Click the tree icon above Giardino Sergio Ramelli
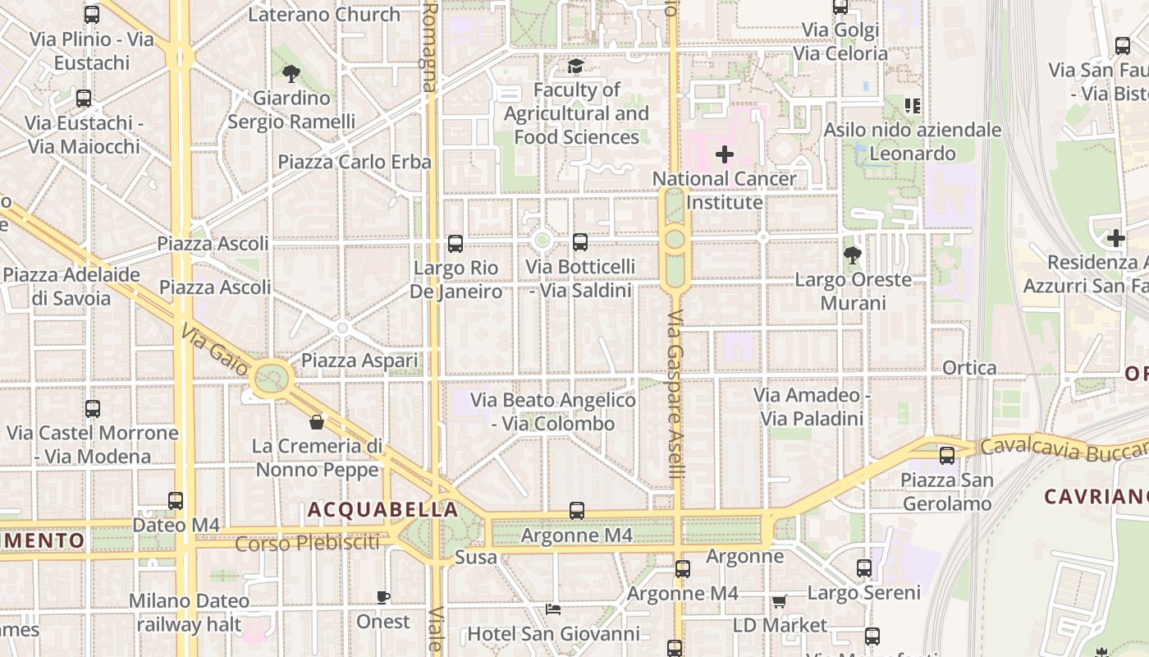pyautogui.click(x=291, y=74)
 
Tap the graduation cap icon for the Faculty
pyautogui.click(x=575, y=66)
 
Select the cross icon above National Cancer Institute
pyautogui.click(x=724, y=154)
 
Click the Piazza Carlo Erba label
pyautogui.click(x=355, y=162)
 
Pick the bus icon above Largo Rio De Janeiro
pyautogui.click(x=455, y=243)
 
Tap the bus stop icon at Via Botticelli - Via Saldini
pyautogui.click(x=580, y=241)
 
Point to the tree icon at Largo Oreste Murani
pyautogui.click(x=853, y=255)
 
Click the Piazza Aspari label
pyautogui.click(x=359, y=361)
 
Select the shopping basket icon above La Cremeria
pyautogui.click(x=317, y=422)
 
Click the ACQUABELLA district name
pyautogui.click(x=383, y=510)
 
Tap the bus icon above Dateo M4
pyautogui.click(x=176, y=500)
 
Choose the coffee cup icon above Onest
pyautogui.click(x=383, y=597)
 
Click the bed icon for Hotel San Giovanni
pyautogui.click(x=553, y=609)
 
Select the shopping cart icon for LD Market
pyautogui.click(x=779, y=601)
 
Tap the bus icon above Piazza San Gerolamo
pyautogui.click(x=947, y=455)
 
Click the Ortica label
pyautogui.click(x=969, y=368)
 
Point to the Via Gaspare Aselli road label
pyautogui.click(x=675, y=394)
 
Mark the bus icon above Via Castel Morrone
pyautogui.click(x=93, y=408)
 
